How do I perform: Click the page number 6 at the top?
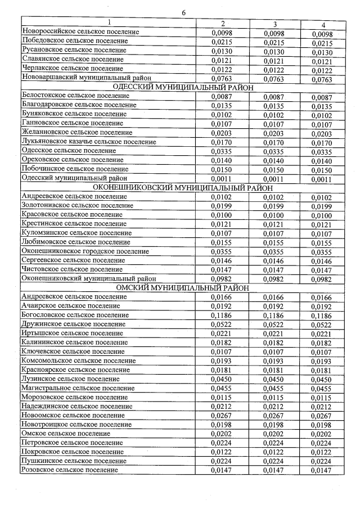(x=183, y=13)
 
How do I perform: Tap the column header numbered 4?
(x=322, y=24)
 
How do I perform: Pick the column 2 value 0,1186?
(x=222, y=316)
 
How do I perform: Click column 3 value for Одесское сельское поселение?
(x=274, y=151)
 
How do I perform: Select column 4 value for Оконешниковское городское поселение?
(x=322, y=251)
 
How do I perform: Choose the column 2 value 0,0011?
(x=222, y=179)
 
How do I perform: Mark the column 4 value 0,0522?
(x=322, y=325)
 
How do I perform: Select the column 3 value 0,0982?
(x=274, y=279)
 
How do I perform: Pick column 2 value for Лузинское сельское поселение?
(x=222, y=380)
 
